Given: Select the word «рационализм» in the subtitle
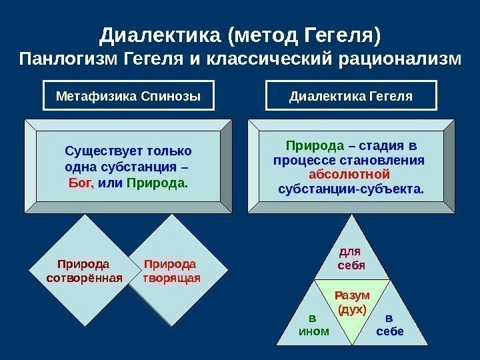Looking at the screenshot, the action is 399,59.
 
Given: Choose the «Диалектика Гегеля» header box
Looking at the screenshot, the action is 351,96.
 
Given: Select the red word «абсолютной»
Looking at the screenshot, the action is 350,175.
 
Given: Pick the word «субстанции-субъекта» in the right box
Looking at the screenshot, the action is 350,189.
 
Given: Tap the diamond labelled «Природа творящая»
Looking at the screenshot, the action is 171,271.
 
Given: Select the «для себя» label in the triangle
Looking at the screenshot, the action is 351,258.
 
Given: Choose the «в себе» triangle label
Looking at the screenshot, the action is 390,325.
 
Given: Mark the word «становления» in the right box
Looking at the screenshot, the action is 387,161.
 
